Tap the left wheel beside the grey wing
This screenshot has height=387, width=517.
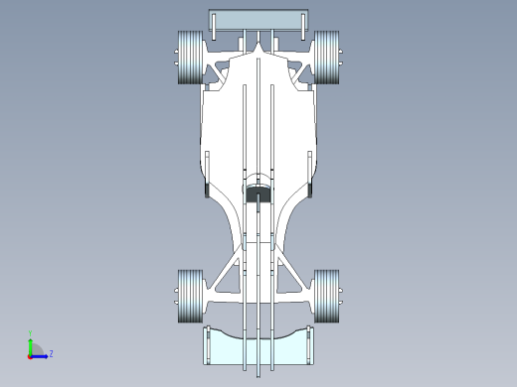[x=189, y=58]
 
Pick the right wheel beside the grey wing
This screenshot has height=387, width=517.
[x=327, y=58]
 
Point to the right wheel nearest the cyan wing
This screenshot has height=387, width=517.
[x=327, y=296]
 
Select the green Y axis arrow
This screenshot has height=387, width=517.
[x=31, y=343]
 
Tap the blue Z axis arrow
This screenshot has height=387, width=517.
[x=41, y=354]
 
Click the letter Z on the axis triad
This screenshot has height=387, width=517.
[x=51, y=353]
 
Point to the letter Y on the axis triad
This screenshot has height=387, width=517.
[x=31, y=333]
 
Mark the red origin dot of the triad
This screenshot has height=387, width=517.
[x=30, y=355]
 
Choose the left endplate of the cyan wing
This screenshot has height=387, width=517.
[x=207, y=345]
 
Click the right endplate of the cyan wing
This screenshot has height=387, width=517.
[x=312, y=345]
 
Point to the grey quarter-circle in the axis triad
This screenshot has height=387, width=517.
[x=35, y=349]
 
